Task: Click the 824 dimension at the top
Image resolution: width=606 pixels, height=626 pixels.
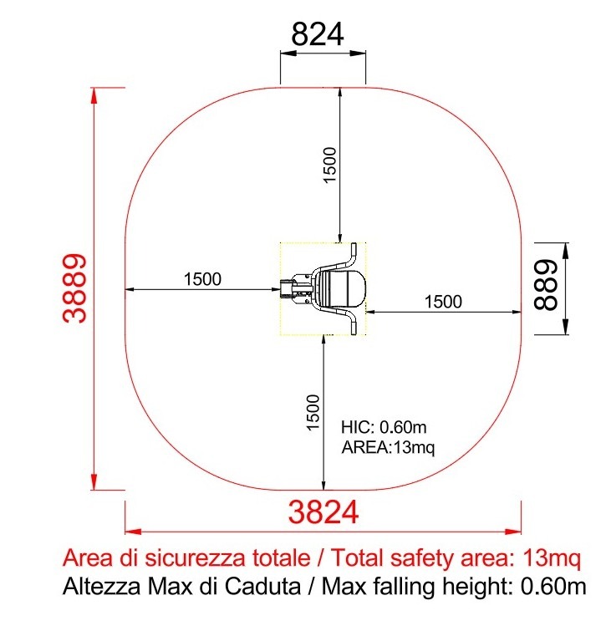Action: pos(318,34)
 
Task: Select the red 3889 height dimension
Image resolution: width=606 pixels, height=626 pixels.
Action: pos(74,288)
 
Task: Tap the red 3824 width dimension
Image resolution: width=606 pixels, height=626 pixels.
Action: pos(323,512)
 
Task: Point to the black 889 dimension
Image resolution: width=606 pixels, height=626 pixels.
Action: pos(545,284)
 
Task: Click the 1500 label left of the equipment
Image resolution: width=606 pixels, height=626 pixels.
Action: pos(202,279)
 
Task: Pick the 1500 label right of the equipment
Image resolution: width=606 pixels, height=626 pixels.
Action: pos(443,302)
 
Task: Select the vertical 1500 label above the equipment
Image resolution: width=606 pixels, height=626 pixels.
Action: pos(329,165)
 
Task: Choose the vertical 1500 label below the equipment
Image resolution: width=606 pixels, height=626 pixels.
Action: pos(313,412)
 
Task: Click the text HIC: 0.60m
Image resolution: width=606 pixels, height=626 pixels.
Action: pos(384,427)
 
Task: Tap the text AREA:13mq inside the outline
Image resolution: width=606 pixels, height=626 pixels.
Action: pos(388,447)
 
